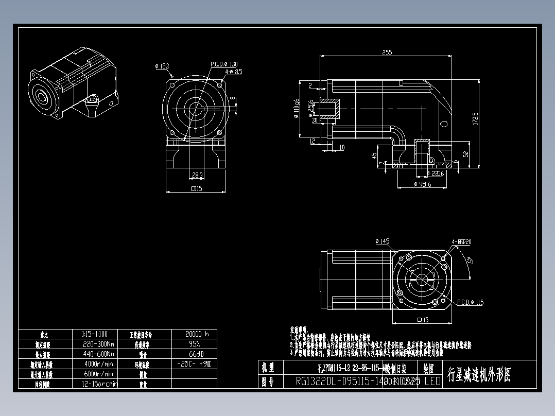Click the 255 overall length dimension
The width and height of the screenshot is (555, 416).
[387, 52]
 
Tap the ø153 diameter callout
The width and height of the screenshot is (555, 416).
[162, 66]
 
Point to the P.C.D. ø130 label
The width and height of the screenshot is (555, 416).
[224, 64]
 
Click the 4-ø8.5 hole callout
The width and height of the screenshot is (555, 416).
[233, 72]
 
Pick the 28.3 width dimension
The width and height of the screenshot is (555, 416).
[197, 175]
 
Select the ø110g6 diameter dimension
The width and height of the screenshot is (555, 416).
[296, 109]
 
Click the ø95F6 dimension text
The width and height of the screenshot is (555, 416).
[423, 184]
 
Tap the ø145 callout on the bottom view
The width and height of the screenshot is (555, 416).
[383, 241]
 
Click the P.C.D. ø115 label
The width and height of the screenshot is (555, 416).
[470, 302]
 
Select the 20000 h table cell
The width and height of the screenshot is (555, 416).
[194, 334]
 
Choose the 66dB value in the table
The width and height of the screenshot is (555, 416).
[194, 354]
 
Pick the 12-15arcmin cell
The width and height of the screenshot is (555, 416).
[99, 384]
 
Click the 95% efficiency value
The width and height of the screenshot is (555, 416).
[194, 344]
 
